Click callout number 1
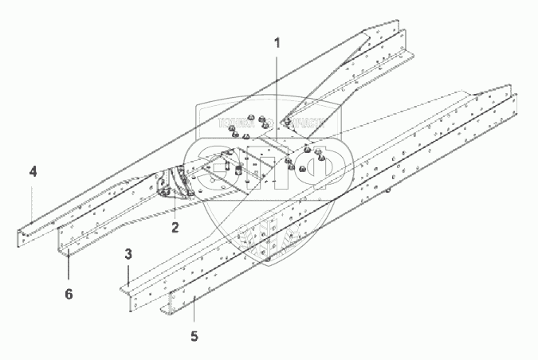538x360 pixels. tap(277, 42)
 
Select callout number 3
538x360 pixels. tap(128, 254)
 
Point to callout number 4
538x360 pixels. tap(33, 171)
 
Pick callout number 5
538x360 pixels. tap(194, 336)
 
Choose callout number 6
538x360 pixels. tap(69, 294)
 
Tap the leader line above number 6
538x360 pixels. tap(69, 267)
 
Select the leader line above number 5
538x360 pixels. tap(194, 311)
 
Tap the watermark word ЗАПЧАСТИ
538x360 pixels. tap(300, 124)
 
